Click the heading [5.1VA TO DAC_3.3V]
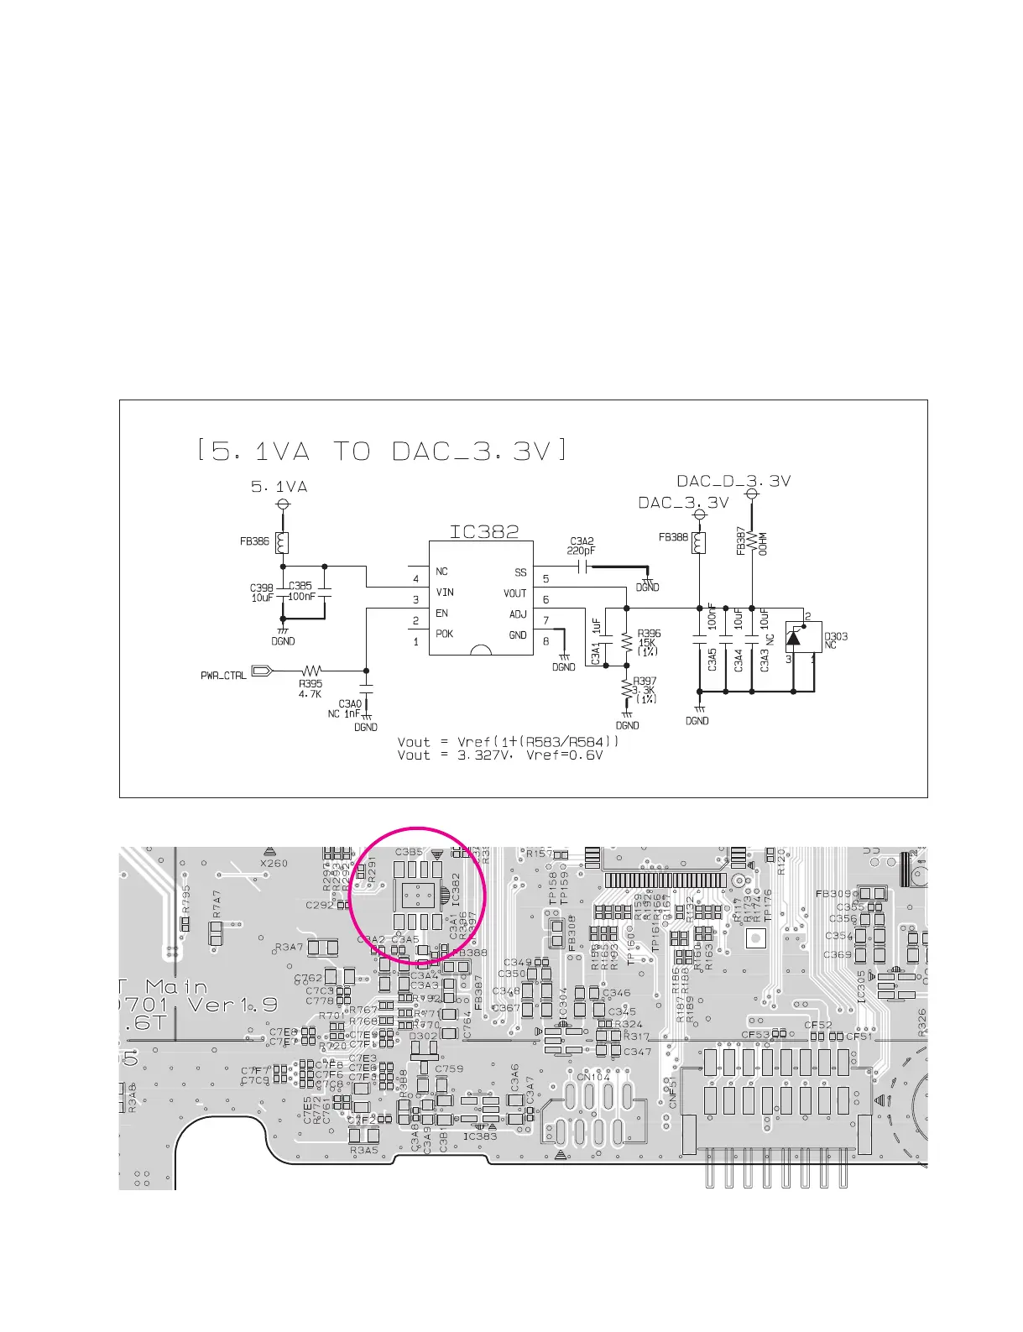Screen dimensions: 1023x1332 point(382,452)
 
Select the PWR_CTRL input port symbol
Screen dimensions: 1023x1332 point(261,671)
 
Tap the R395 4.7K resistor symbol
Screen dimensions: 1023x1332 point(312,671)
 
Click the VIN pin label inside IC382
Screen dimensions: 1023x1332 point(445,593)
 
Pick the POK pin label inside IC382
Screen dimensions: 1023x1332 point(444,634)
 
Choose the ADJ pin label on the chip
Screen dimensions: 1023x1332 point(518,614)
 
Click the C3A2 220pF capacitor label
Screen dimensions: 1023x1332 point(582,546)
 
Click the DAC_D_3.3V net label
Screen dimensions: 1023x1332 point(733,481)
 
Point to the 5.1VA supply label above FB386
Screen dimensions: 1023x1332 point(279,486)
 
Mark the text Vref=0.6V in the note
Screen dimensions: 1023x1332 point(564,755)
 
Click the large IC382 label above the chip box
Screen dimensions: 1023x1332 point(484,531)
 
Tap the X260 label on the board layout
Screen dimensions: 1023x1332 point(274,863)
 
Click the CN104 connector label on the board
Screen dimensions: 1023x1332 point(593,1077)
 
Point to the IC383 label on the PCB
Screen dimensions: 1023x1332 point(480,1136)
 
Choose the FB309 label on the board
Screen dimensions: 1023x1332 point(833,893)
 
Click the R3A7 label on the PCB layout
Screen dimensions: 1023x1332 point(290,948)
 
